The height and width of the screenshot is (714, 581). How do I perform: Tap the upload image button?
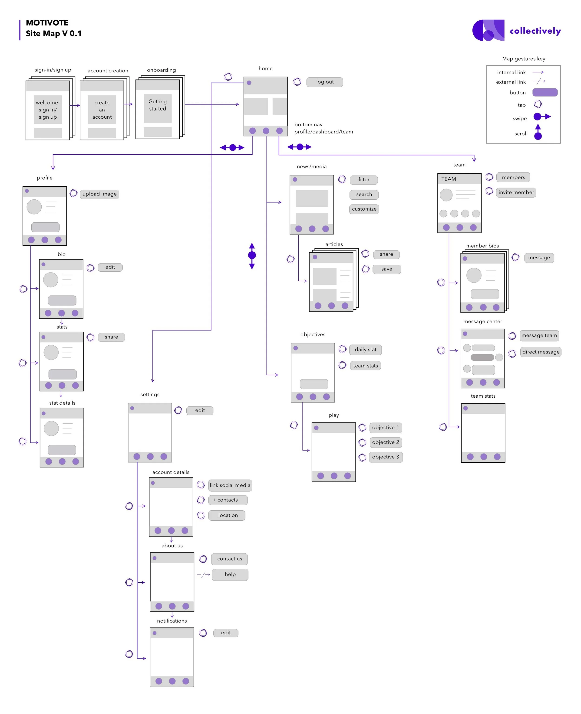(99, 194)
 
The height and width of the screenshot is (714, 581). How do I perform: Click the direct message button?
(541, 352)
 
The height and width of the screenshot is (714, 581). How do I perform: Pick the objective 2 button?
(385, 442)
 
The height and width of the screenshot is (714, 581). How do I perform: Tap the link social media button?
(230, 485)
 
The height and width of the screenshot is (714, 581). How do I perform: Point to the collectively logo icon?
(488, 30)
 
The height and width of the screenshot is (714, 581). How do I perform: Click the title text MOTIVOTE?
(47, 23)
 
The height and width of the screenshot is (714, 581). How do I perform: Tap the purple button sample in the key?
(545, 92)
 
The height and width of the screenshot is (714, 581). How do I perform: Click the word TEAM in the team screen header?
(449, 179)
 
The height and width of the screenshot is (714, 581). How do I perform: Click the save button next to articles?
(386, 269)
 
